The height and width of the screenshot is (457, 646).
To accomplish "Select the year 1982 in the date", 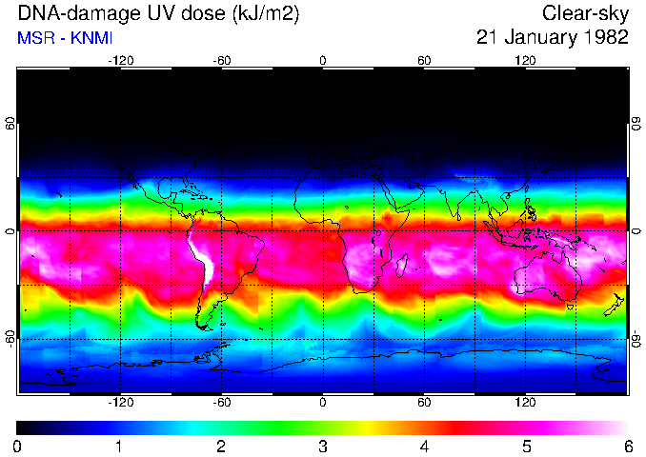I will [605, 38].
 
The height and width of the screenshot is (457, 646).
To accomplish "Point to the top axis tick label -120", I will [120, 61].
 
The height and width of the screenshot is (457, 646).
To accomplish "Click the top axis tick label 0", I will [323, 61].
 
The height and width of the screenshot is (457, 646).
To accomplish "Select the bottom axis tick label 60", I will [424, 402].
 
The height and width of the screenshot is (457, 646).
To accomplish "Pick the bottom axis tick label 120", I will [525, 402].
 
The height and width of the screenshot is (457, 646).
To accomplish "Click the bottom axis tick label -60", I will [221, 402].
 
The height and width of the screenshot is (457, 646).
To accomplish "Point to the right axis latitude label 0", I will [636, 231].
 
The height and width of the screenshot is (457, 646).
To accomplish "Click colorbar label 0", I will [17, 446].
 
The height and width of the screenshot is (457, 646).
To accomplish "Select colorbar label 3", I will [323, 446].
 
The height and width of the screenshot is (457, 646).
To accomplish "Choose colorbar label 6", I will [628, 446].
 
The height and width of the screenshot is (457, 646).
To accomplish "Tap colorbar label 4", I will [425, 446].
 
